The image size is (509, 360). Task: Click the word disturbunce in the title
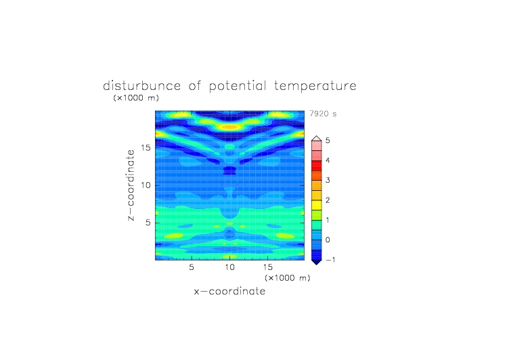[142, 86]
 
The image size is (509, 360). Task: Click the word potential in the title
[238, 87]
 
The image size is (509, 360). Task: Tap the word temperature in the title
[315, 87]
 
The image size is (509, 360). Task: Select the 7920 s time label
[323, 114]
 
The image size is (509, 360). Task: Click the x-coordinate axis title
[229, 291]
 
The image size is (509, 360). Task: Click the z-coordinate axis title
[131, 185]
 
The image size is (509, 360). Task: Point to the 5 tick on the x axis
[192, 267]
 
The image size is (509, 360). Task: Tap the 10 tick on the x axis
[229, 267]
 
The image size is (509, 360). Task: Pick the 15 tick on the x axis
[267, 267]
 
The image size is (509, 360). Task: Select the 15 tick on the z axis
[146, 148]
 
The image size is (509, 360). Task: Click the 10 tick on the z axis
[146, 185]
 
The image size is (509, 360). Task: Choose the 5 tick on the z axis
[148, 223]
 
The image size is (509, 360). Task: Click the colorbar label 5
[328, 140]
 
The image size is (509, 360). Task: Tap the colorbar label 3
[328, 180]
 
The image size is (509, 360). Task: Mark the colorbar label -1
[330, 260]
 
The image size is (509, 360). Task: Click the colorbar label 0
[328, 240]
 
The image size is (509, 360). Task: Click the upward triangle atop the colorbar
[317, 139]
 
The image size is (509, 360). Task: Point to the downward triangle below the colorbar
[317, 262]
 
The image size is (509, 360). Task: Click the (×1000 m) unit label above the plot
[136, 97]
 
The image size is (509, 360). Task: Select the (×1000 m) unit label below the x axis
[287, 278]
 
